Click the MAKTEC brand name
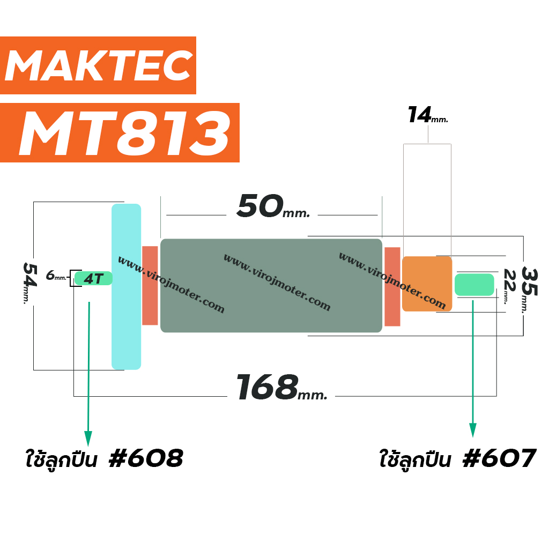99,65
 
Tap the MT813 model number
125,133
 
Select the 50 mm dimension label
273,206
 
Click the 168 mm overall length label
281,387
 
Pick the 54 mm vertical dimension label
29,283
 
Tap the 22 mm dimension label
509,286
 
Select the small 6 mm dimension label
56,276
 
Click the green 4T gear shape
93,278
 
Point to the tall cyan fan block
126,286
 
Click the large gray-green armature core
271,285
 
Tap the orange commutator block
427,284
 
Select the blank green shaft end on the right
474,285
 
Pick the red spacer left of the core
150,285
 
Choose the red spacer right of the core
392,286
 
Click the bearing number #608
146,458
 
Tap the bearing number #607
499,458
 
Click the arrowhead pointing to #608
88,439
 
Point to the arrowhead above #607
473,430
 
